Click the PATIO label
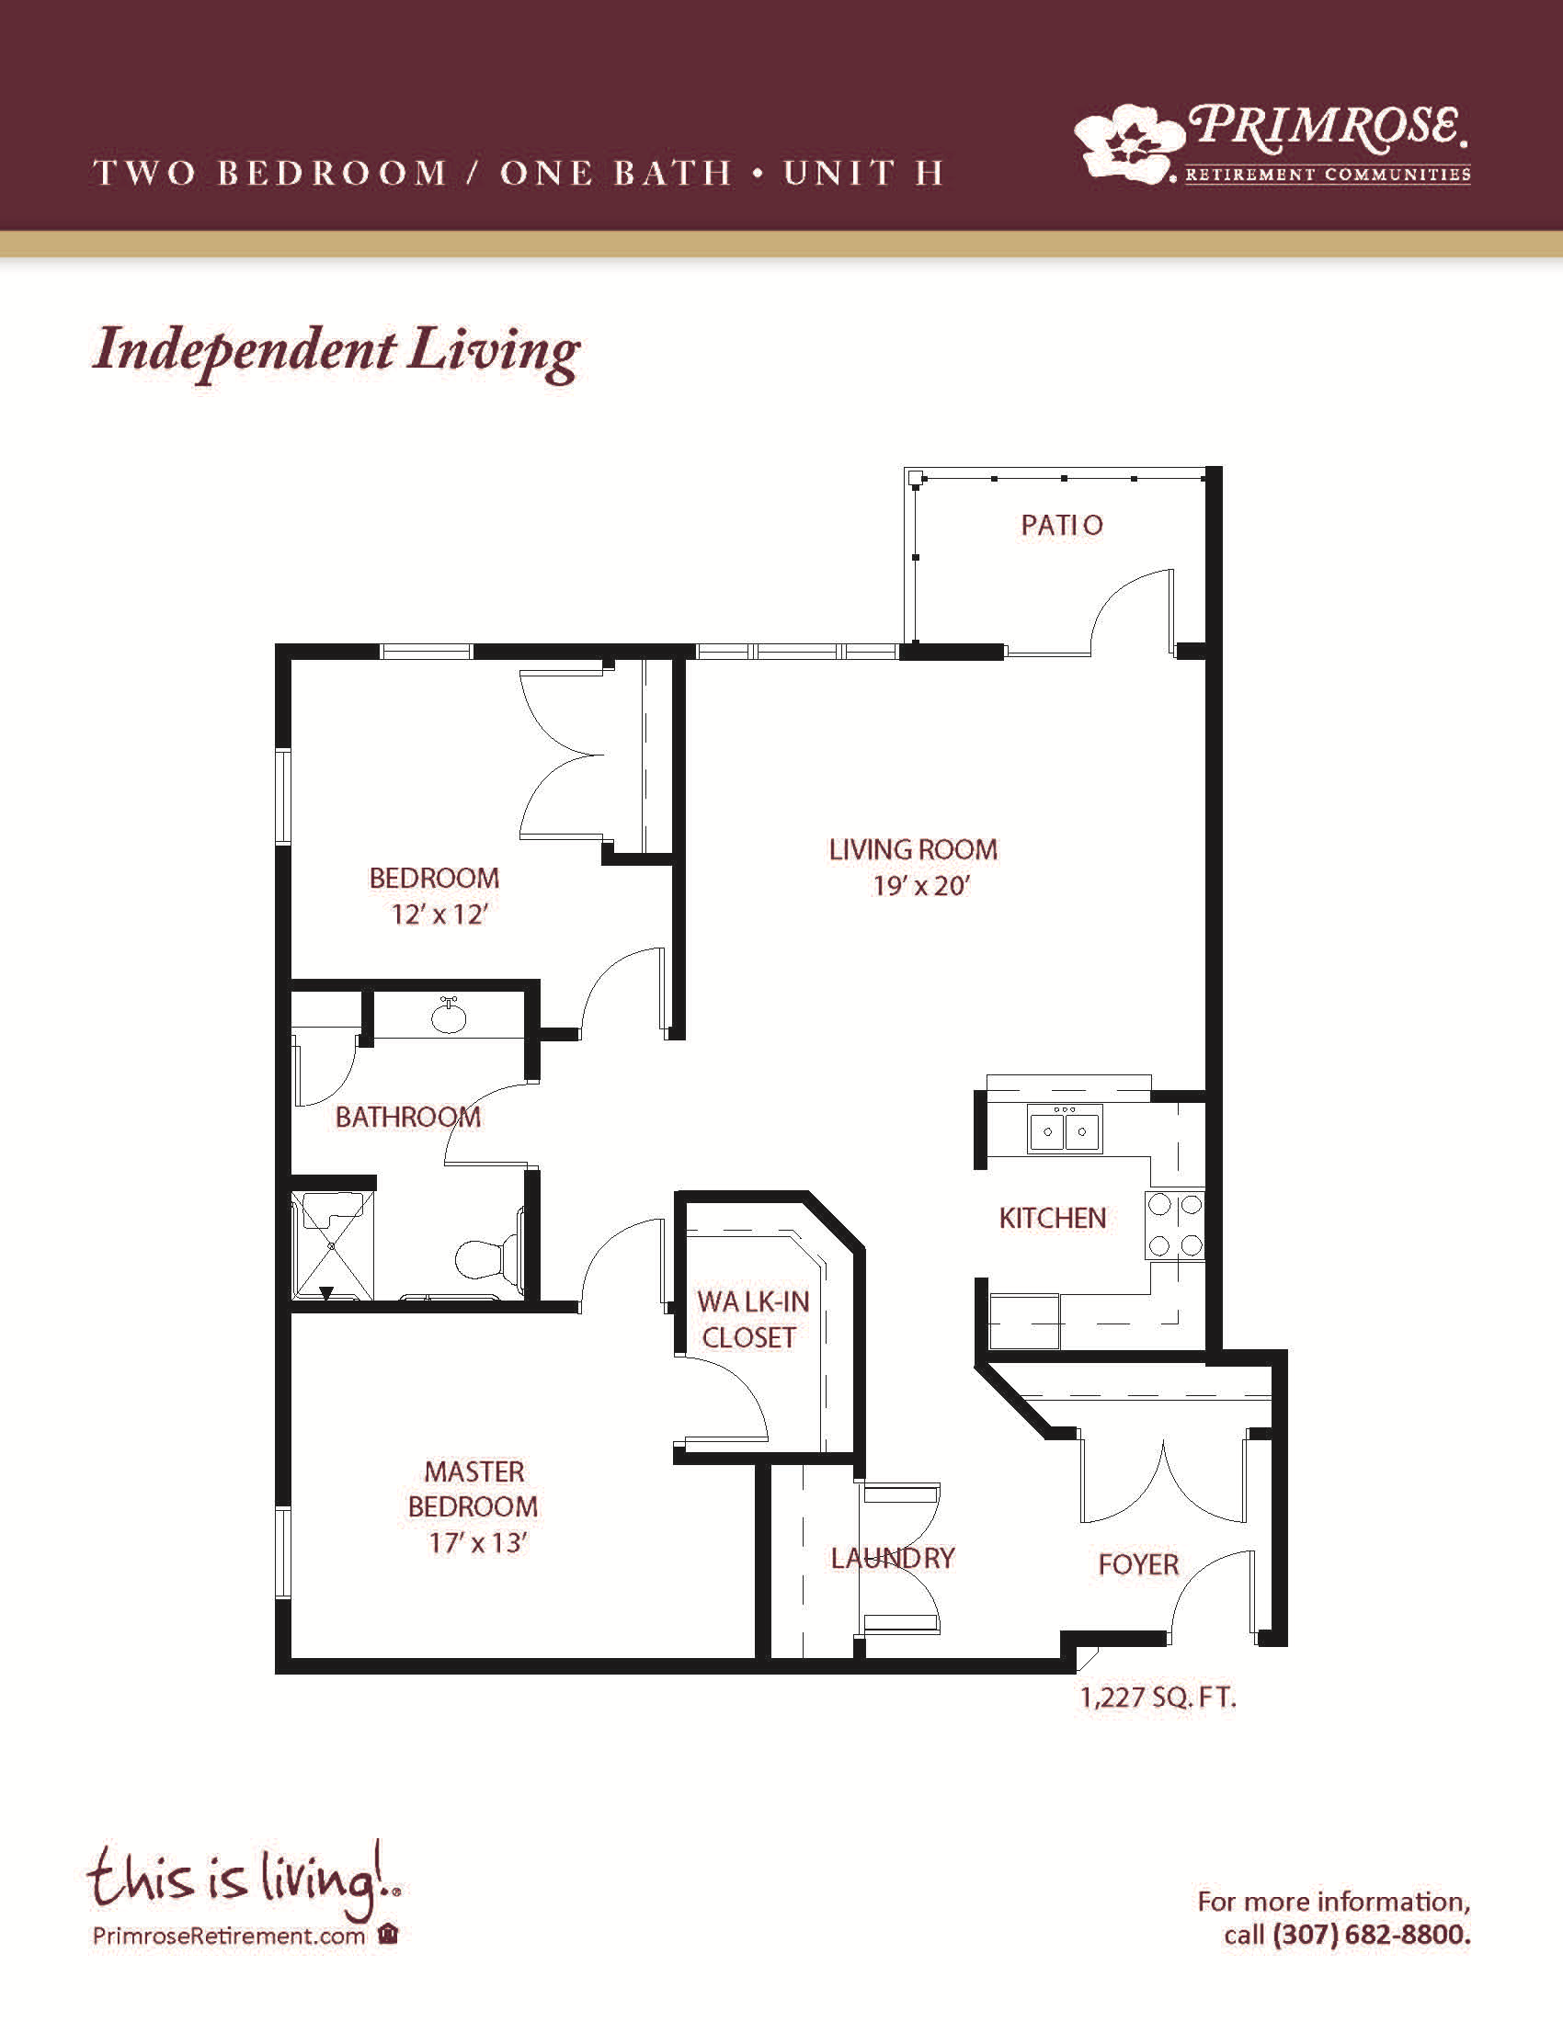point(1061,525)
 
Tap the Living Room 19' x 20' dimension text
point(920,886)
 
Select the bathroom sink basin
point(449,1016)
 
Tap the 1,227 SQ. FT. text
point(1158,1698)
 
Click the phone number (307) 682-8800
point(1373,1934)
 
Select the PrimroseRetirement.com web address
point(229,1936)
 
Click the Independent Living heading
point(337,353)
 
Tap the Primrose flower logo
point(1129,140)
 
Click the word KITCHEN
point(1052,1219)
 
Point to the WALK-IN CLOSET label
point(752,1318)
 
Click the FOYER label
point(1138,1563)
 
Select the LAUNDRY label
point(892,1558)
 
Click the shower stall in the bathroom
point(333,1246)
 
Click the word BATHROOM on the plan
point(407,1118)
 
